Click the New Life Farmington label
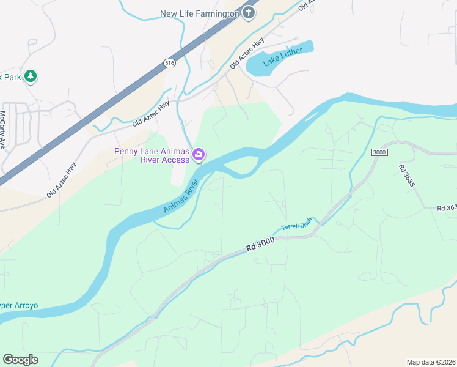click(x=199, y=13)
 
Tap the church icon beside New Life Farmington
click(x=249, y=13)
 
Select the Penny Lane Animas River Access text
click(x=152, y=156)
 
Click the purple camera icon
click(x=198, y=155)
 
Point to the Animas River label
click(x=182, y=196)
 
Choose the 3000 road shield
click(x=379, y=152)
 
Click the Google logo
click(x=20, y=359)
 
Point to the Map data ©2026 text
click(x=431, y=361)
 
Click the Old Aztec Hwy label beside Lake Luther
click(x=247, y=53)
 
